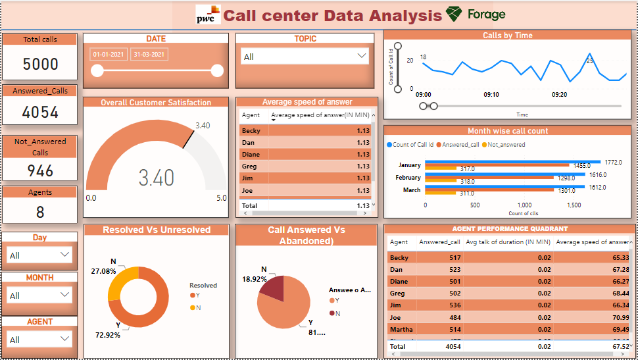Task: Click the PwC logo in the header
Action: [208, 14]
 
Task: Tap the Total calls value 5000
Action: [40, 64]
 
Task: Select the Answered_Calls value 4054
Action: [40, 113]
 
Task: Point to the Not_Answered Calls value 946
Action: [40, 170]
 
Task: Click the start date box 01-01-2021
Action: [109, 55]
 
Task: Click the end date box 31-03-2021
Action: [148, 55]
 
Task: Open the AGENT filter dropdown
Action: [39, 339]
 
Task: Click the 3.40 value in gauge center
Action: [157, 178]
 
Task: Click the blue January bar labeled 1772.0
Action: [512, 161]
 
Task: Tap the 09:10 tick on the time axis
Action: [491, 95]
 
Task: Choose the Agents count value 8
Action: [40, 212]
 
